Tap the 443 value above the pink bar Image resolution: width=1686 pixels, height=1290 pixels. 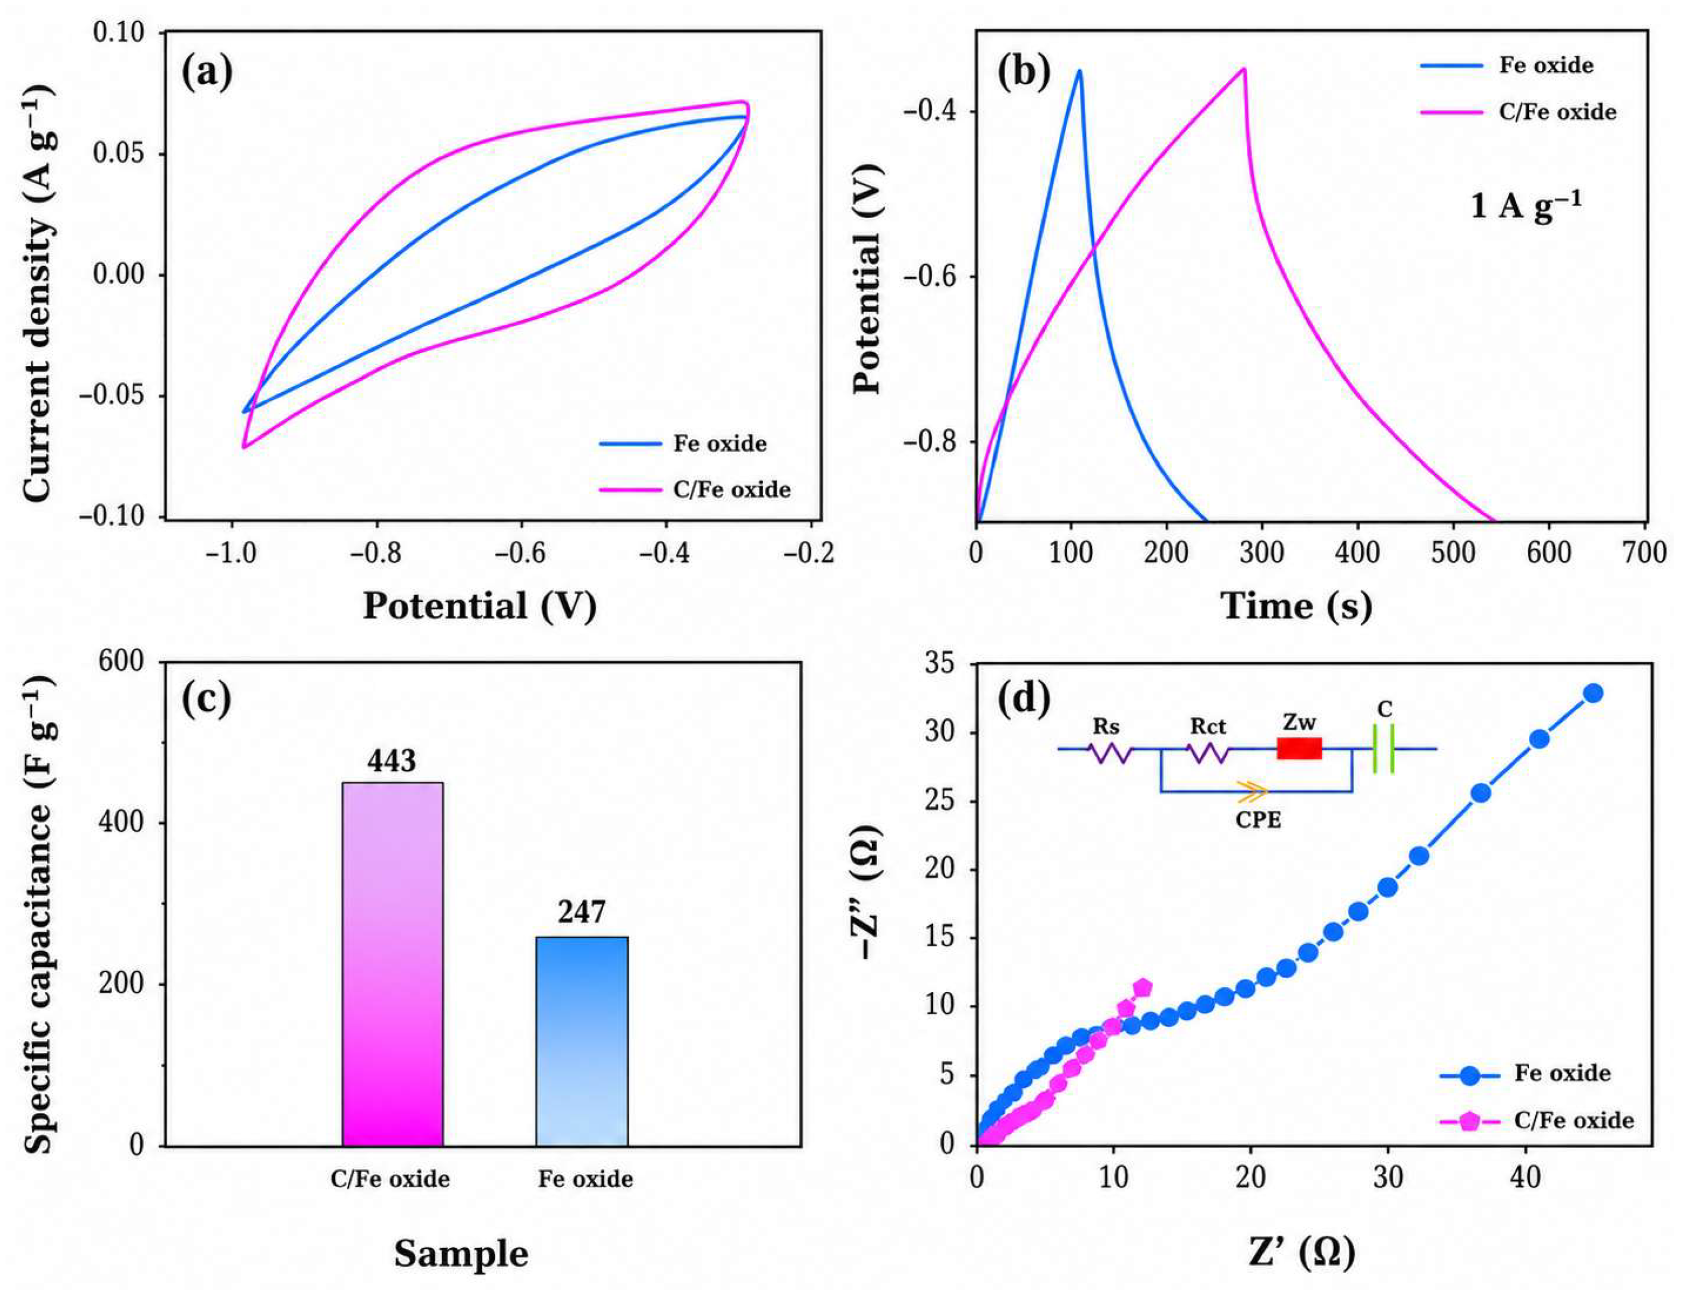[391, 760]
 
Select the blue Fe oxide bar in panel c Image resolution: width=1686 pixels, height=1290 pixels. [581, 1041]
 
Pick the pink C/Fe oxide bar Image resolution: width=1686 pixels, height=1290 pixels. [392, 964]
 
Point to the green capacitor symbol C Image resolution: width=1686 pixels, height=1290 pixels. [1383, 748]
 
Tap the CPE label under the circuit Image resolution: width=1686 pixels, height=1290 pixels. [1258, 820]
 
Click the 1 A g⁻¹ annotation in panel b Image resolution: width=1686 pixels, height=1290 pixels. [1526, 205]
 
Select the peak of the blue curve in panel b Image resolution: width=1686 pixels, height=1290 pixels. [1080, 71]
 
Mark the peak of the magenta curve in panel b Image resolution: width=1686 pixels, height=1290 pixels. [1244, 69]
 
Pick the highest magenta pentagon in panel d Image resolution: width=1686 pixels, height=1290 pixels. [1142, 987]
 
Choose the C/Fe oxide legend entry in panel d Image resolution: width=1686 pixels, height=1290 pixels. [1537, 1120]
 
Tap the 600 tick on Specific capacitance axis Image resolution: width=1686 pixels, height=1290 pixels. [122, 661]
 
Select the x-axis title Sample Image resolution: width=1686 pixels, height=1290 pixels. [462, 1254]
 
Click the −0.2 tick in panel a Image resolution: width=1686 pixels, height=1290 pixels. [809, 553]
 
